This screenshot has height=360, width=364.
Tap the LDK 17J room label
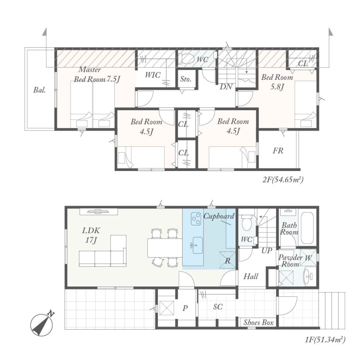91,235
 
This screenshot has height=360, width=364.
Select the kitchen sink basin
197,246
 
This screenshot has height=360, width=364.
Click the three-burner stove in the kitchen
196,218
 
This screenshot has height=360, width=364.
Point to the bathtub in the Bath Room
307,228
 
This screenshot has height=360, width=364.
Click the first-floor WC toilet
246,222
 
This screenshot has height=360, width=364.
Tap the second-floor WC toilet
187,59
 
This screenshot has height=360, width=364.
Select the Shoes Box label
258,322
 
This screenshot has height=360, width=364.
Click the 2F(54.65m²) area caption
283,180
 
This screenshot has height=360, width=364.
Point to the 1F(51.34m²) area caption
325,340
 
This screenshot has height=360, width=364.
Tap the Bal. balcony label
39,90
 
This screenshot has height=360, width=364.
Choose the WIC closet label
153,75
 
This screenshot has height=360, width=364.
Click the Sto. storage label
186,79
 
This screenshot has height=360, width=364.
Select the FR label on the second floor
278,151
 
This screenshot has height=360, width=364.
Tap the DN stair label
226,87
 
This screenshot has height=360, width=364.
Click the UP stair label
267,250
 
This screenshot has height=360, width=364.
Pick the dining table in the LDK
165,247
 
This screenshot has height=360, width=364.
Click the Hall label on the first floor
251,276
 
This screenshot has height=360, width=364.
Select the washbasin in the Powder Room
309,277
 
